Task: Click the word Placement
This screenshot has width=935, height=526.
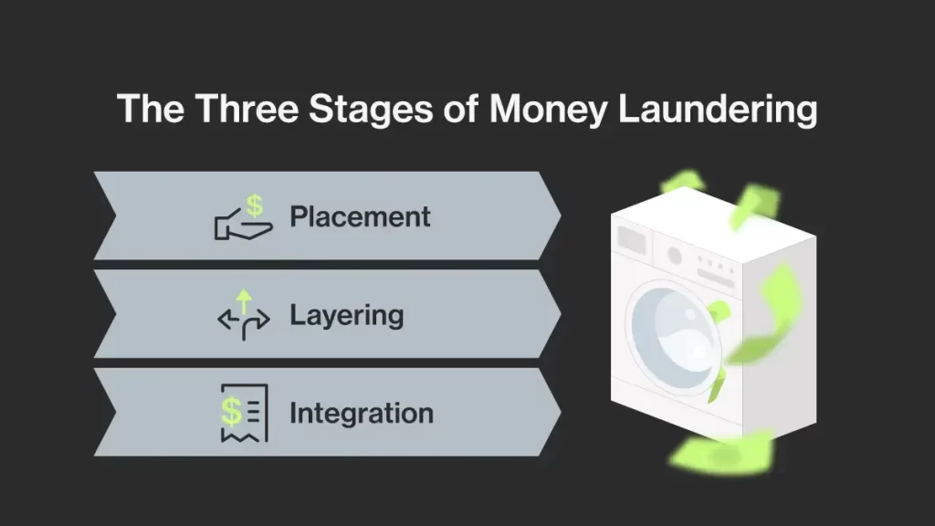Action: (x=360, y=217)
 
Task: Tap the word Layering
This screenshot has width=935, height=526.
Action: (x=346, y=316)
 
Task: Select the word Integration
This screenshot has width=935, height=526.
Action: (x=361, y=414)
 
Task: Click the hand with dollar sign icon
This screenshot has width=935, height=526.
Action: (x=239, y=219)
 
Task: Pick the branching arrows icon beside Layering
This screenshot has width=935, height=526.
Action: (x=243, y=316)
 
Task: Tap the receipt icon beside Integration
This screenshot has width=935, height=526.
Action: (x=243, y=413)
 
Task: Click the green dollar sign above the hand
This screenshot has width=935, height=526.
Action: (x=255, y=205)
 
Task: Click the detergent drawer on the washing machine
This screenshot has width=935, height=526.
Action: (x=632, y=240)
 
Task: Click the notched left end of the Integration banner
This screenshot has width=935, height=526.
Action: (x=102, y=413)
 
